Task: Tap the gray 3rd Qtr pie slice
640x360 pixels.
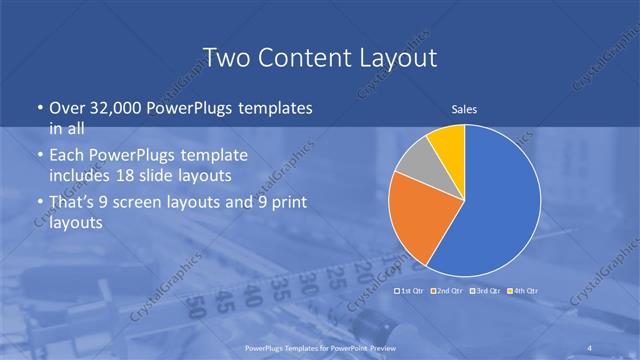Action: [414, 161]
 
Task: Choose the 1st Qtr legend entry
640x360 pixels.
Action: [412, 290]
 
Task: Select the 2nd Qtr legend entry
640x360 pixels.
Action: [450, 290]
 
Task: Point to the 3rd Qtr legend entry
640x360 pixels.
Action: [487, 290]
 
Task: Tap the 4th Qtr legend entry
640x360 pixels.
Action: [524, 290]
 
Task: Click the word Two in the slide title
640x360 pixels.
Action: [225, 57]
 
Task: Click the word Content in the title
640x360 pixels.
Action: [301, 57]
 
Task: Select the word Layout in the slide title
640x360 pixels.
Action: [397, 57]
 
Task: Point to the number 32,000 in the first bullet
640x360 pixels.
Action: [112, 108]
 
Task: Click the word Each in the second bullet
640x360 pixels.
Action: [68, 156]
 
